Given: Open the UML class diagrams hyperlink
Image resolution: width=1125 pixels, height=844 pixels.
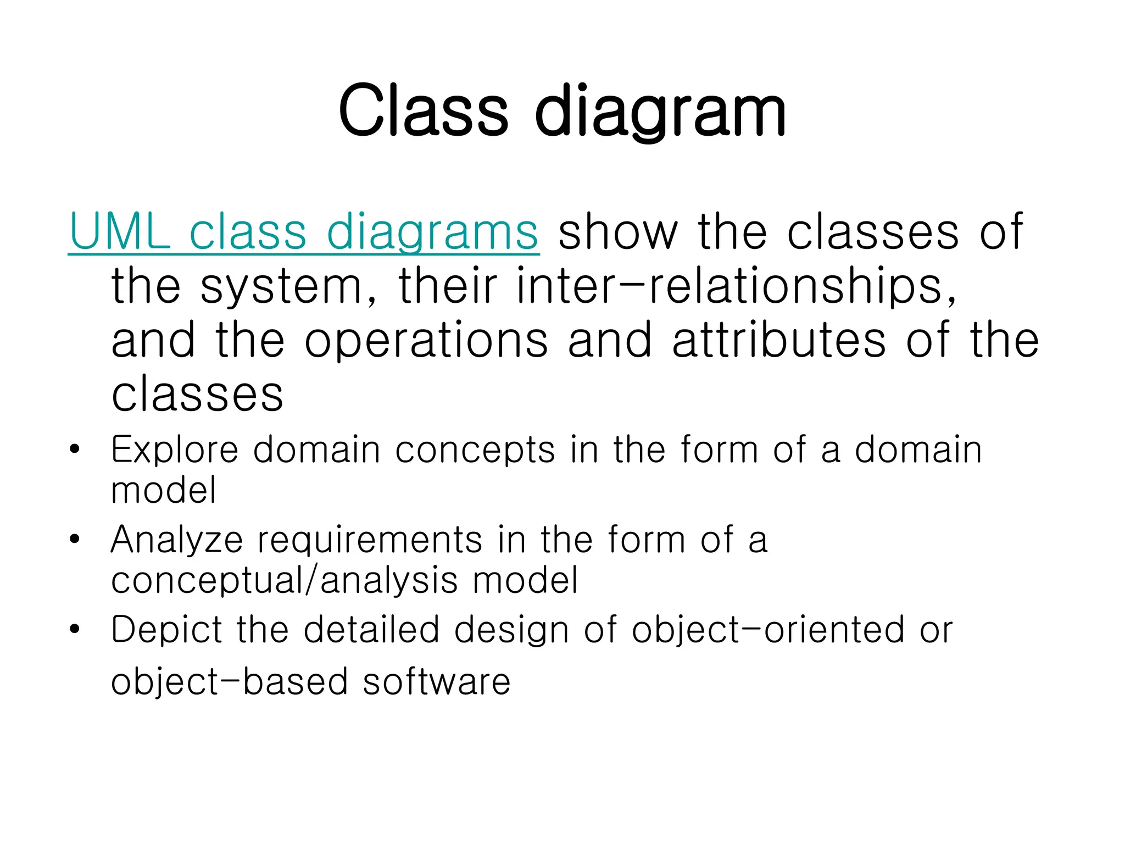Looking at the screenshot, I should [304, 232].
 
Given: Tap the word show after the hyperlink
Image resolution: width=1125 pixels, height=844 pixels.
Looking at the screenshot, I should [618, 232].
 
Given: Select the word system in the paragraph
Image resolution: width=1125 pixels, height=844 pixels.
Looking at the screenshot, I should [281, 287].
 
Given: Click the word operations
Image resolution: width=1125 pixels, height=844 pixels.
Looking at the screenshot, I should [426, 341].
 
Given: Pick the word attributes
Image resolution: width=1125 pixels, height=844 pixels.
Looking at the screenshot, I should [779, 341].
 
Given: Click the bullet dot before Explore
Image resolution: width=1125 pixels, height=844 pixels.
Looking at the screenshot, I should [75, 450].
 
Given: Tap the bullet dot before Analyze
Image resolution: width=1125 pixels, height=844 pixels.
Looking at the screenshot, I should [75, 540].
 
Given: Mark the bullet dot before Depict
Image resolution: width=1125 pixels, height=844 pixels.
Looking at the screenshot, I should [75, 629].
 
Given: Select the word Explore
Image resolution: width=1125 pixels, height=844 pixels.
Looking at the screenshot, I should [175, 451].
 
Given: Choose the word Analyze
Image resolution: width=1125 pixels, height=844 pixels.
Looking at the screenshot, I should [177, 540].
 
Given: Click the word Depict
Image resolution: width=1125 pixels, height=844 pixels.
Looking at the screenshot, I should [166, 630].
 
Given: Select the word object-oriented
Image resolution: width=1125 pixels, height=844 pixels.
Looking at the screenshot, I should [768, 630].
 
